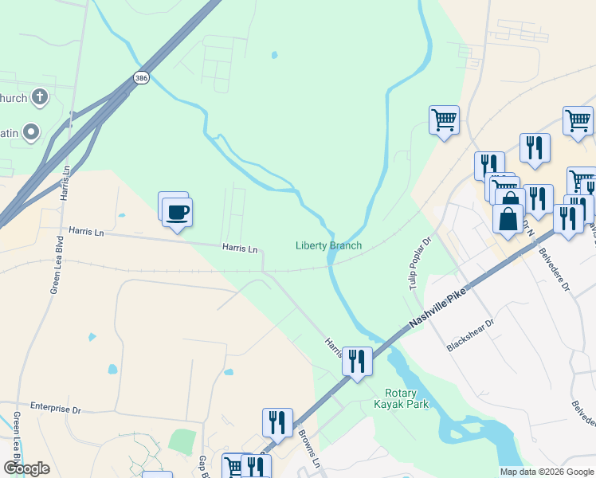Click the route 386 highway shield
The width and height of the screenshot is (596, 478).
[141, 77]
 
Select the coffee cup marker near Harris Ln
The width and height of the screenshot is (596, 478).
[178, 213]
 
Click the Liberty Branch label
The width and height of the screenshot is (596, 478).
[328, 245]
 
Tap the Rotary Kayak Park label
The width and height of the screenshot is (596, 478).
[406, 398]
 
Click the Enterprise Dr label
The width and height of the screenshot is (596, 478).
[56, 407]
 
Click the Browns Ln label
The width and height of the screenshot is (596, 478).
[309, 450]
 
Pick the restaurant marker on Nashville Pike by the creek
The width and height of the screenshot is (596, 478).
[357, 362]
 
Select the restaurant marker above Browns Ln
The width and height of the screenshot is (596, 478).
[277, 421]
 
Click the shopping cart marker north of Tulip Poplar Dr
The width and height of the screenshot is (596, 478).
[444, 120]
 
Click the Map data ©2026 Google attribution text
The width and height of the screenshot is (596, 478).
[546, 472]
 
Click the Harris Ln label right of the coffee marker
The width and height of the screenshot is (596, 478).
[240, 249]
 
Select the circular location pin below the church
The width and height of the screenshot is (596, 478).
[32, 131]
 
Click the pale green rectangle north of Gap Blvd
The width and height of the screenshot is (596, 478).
[182, 441]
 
